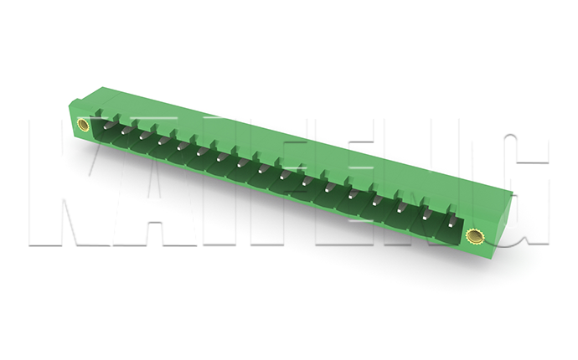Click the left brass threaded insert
82,125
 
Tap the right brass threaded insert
472,236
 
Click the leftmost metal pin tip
106,126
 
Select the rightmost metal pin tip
452,223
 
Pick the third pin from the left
142,136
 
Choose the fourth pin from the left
161,141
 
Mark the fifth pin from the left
180,147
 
